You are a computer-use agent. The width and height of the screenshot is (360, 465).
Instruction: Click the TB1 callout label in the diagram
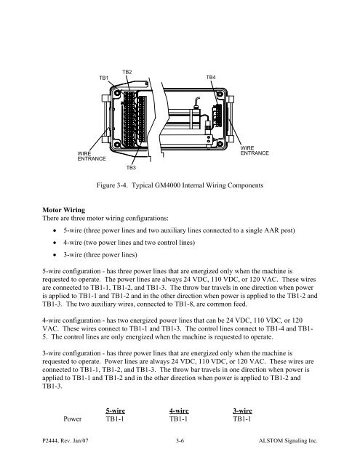pos(103,78)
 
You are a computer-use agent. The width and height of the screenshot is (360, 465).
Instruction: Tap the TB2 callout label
pos(127,72)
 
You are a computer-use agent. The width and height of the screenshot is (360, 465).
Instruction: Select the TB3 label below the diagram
pos(131,168)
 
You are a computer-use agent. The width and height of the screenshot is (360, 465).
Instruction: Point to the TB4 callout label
pos(211,77)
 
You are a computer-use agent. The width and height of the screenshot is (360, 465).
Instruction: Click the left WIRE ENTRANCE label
pos(92,156)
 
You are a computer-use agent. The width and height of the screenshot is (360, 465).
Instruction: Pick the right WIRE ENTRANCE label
pos(255,150)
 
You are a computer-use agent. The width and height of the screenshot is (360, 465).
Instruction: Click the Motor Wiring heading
pos(64,210)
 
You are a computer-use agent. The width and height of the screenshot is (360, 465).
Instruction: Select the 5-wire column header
pos(115,411)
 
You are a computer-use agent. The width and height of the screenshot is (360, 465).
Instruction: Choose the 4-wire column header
pos(179,411)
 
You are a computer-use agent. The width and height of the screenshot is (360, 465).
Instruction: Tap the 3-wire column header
pos(242,411)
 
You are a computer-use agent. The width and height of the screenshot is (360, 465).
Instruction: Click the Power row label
pos(73,418)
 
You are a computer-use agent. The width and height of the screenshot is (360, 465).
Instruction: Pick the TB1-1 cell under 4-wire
pos(178,418)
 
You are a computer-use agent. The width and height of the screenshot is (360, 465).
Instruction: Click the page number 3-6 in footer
pos(180,440)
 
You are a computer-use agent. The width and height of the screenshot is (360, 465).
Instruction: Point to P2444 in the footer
pos(50,441)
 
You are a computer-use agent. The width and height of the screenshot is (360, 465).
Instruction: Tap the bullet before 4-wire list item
pos(55,243)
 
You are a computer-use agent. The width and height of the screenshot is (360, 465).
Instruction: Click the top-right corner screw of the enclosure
pos(220,94)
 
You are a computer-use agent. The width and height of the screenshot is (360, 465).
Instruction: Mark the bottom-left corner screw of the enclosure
pos(117,145)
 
